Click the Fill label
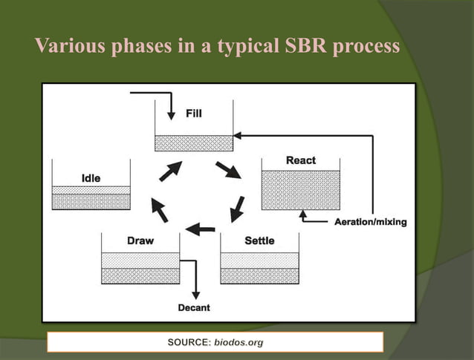pyautogui.click(x=194, y=114)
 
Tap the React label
pyautogui.click(x=301, y=160)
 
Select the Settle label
pyautogui.click(x=259, y=240)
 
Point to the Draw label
pyautogui.click(x=140, y=240)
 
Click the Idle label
pyautogui.click(x=91, y=178)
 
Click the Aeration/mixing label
pyautogui.click(x=369, y=222)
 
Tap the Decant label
pyautogui.click(x=194, y=307)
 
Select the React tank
pyautogui.click(x=301, y=189)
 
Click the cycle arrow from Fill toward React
pyautogui.click(x=228, y=169)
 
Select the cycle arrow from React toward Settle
pyautogui.click(x=238, y=209)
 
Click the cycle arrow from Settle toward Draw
pyautogui.click(x=200, y=229)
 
